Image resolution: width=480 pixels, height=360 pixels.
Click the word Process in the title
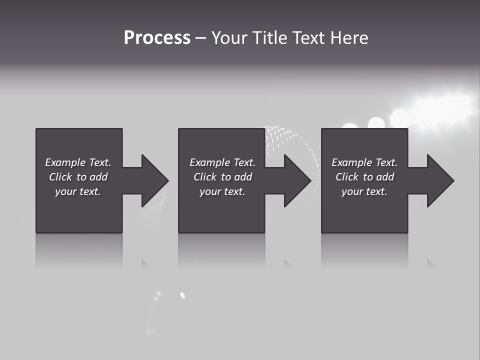pos(157,38)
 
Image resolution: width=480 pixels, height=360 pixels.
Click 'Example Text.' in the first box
pos(78,162)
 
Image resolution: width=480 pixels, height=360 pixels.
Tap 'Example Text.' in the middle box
pos(222,162)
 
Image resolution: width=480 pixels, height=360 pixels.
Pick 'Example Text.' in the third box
pos(364,162)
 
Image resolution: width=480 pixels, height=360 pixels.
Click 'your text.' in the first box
pos(78,191)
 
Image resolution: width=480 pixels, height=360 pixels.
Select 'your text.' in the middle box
pos(222,191)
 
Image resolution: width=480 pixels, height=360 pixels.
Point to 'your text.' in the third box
pos(364,191)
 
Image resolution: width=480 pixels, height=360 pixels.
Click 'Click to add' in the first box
pos(78,177)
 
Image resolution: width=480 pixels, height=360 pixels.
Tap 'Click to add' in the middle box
pos(222,177)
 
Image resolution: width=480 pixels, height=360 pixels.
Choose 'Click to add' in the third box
pos(364,177)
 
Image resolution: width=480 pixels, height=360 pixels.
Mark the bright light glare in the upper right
pos(440,107)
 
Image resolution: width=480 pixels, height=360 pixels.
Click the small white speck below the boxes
pos(182,295)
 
